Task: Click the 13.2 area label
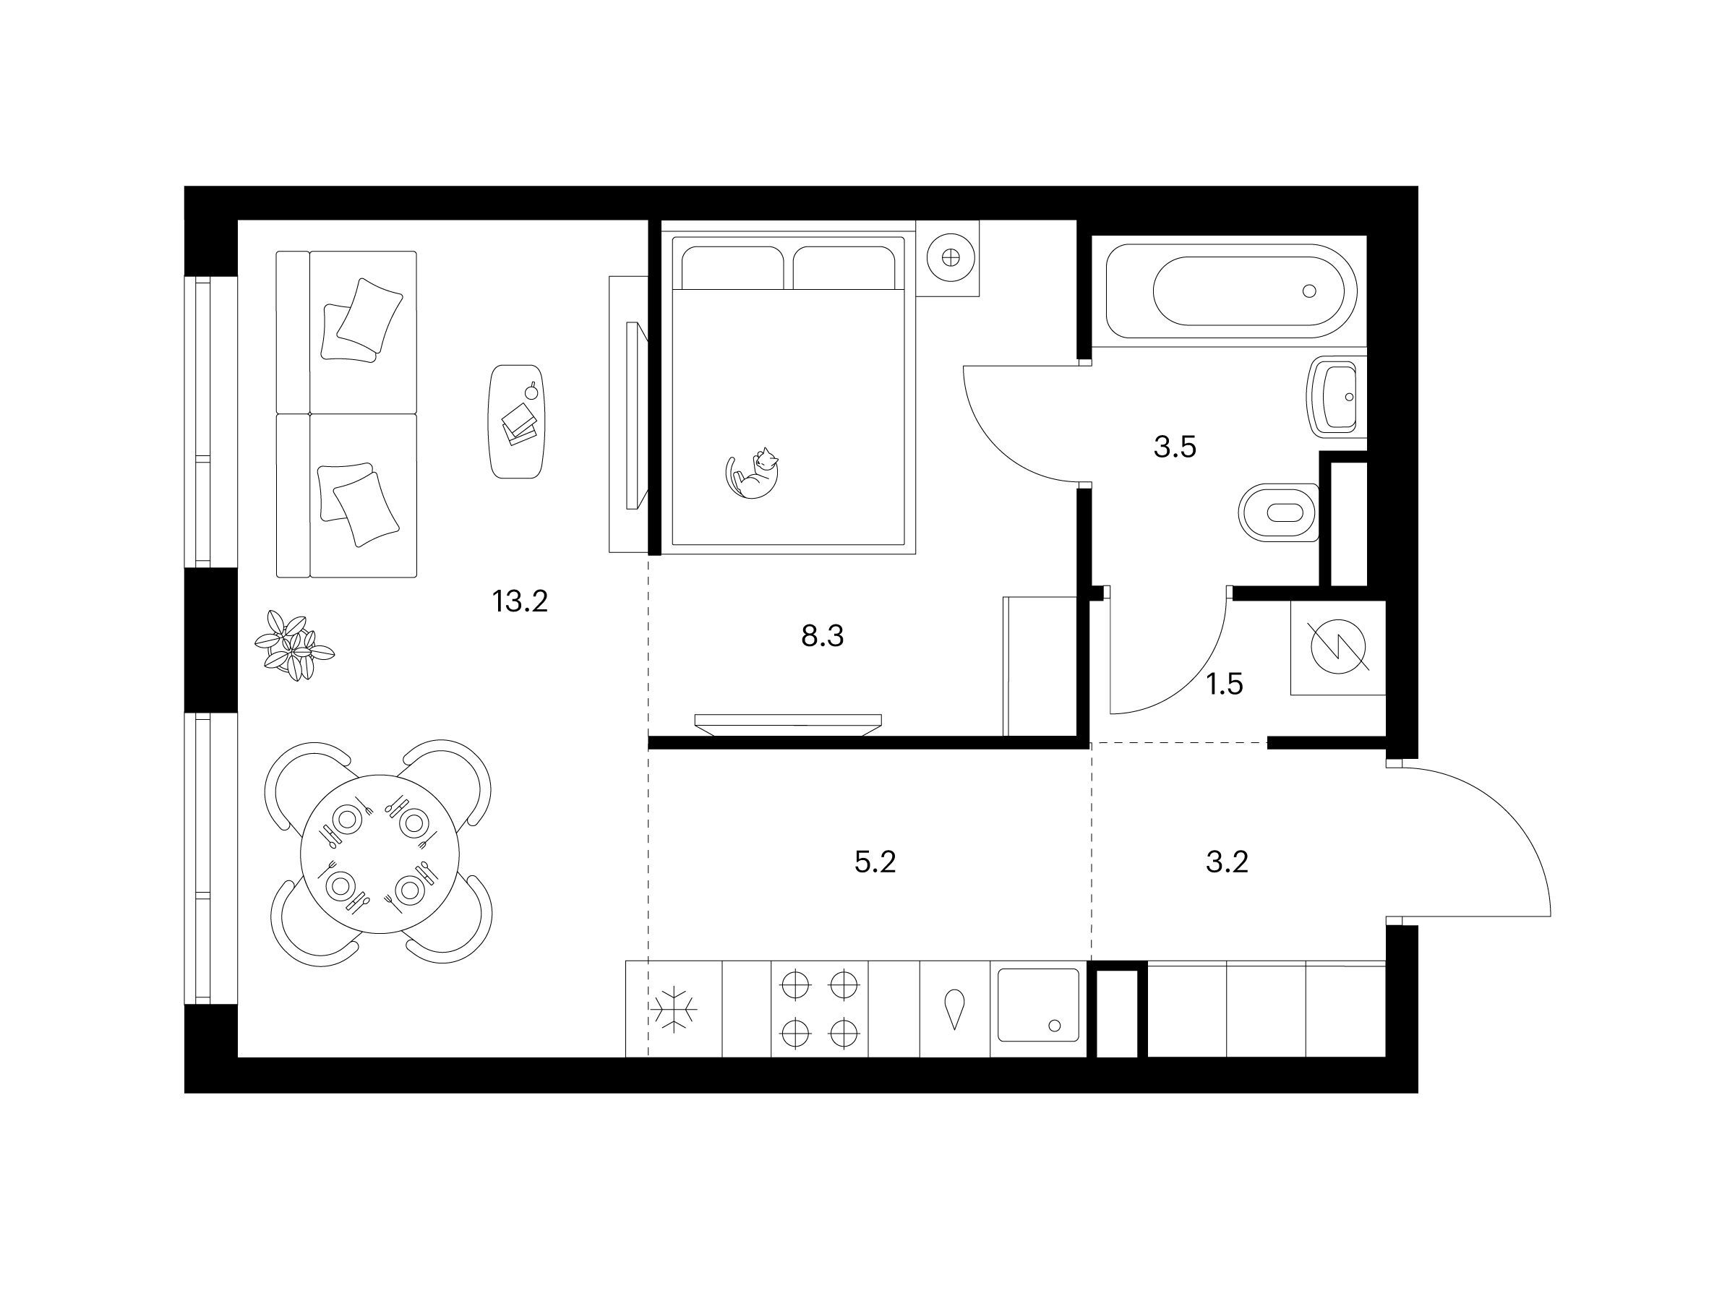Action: click(519, 601)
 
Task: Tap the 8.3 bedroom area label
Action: click(822, 636)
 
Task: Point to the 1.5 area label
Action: click(1225, 684)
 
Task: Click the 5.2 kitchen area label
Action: click(875, 862)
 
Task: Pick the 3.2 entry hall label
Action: click(1227, 862)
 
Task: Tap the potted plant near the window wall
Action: click(294, 645)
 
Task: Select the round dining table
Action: click(380, 855)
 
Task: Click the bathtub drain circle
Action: click(1308, 291)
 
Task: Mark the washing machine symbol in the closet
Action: click(1338, 648)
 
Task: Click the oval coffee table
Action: click(517, 421)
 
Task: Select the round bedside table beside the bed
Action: click(949, 257)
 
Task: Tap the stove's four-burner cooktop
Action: click(820, 1009)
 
